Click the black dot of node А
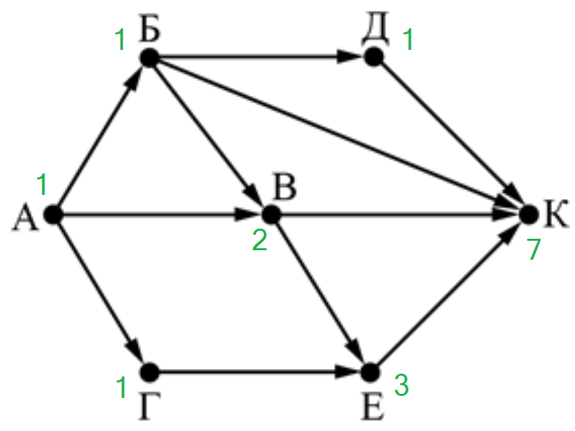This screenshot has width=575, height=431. (53, 214)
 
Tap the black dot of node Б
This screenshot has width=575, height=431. (149, 57)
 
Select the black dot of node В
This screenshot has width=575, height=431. (271, 214)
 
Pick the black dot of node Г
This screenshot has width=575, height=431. (149, 372)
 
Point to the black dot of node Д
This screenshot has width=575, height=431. (374, 57)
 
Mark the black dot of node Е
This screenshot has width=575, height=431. (371, 372)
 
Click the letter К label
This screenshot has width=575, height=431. (557, 214)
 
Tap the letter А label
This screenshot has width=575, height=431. (25, 219)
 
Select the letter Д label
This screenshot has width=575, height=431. (375, 31)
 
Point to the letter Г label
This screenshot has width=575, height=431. (149, 406)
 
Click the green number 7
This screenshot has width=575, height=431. (534, 249)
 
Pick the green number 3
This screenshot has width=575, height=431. (402, 385)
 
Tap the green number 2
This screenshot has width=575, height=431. (260, 240)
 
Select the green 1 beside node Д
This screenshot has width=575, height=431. (408, 40)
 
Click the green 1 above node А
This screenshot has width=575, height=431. (42, 184)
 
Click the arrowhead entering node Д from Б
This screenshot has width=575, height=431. (350, 57)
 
